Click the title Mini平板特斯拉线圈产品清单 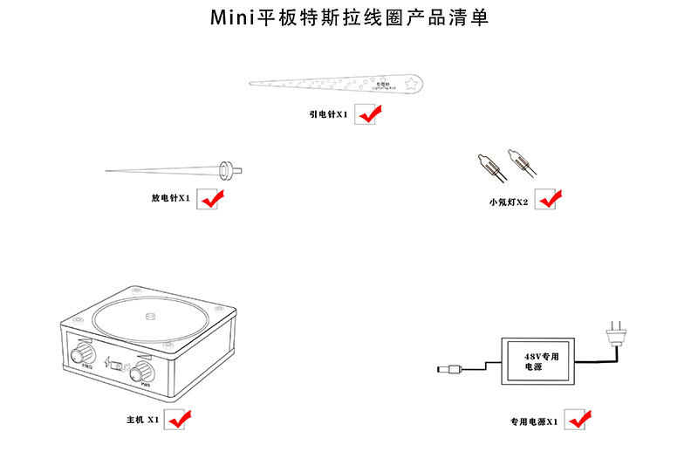[349, 18]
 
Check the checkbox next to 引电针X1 [366, 114]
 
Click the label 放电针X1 [170, 198]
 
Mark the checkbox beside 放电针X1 [208, 198]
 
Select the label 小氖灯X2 [509, 202]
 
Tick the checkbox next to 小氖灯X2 [545, 200]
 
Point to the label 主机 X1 [142, 420]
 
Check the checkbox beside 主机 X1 [177, 419]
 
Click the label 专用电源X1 [535, 421]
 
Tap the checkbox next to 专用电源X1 [577, 420]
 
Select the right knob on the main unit [140, 375]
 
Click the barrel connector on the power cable [447, 371]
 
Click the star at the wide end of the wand [410, 85]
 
